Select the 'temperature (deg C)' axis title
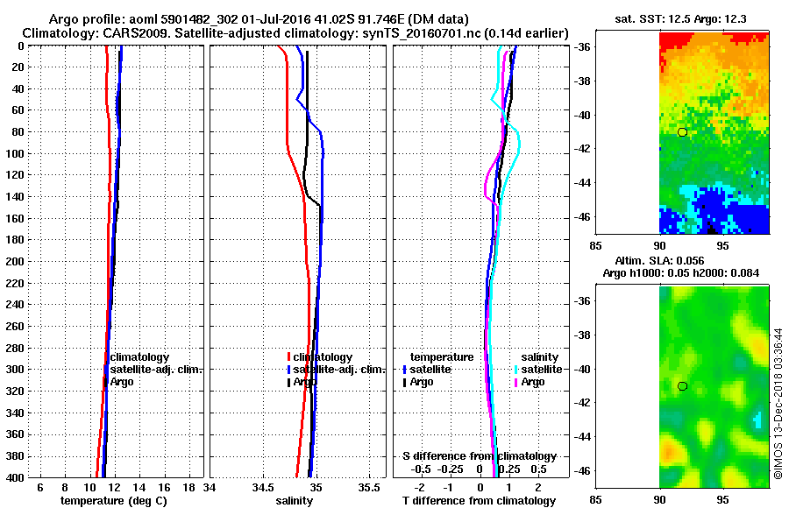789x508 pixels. point(113,501)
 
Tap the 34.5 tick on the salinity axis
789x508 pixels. point(262,488)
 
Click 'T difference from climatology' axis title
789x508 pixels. point(479,501)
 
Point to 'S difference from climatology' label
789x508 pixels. point(480,456)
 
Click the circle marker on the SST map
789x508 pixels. point(682,132)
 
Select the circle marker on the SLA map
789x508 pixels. point(682,386)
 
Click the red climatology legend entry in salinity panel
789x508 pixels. point(321,357)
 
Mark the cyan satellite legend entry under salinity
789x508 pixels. point(541,370)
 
